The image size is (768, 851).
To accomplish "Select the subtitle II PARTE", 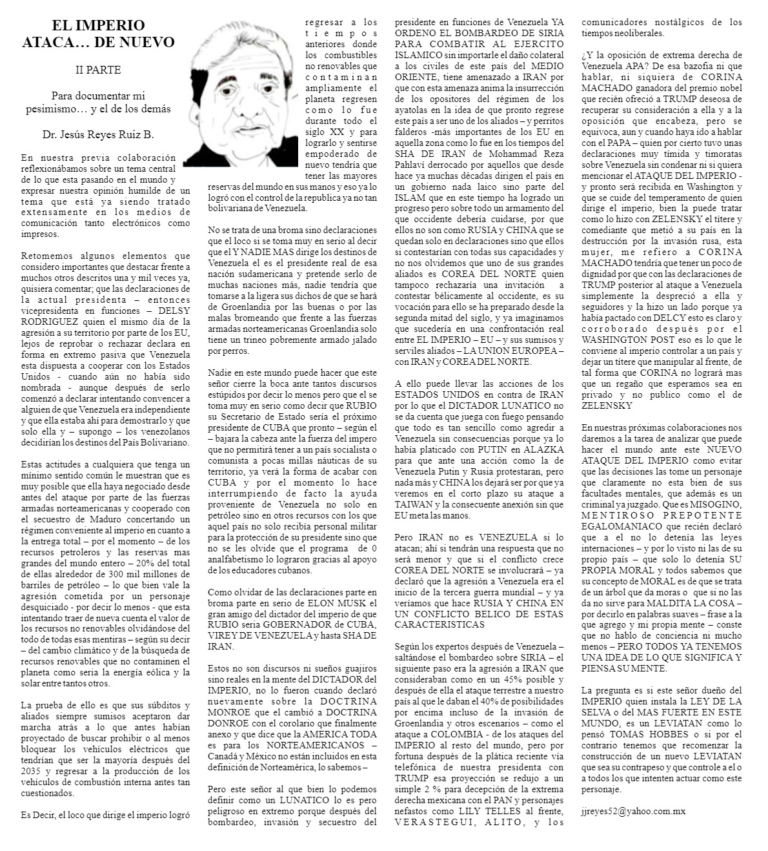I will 98,69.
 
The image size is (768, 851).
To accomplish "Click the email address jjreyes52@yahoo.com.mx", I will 633,810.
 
